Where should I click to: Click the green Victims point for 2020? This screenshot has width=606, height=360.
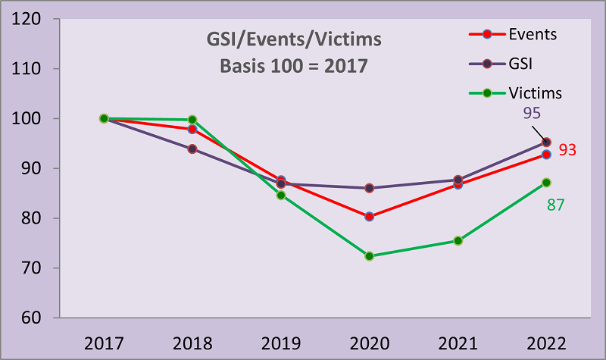coord(369,256)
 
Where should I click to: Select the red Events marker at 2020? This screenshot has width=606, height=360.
coord(369,216)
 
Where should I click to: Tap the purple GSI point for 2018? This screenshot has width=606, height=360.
coord(192,149)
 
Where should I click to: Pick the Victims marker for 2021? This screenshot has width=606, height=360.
coord(458,241)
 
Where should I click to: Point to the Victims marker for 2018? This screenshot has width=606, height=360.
coord(192,120)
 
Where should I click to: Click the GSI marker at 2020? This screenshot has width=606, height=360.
coord(369,188)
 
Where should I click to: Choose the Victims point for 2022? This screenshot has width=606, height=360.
coord(546,183)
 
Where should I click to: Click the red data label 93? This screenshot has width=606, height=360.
coord(568,150)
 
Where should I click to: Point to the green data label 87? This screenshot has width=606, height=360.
coord(555,205)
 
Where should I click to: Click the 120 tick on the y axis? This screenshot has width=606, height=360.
coord(27,19)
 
